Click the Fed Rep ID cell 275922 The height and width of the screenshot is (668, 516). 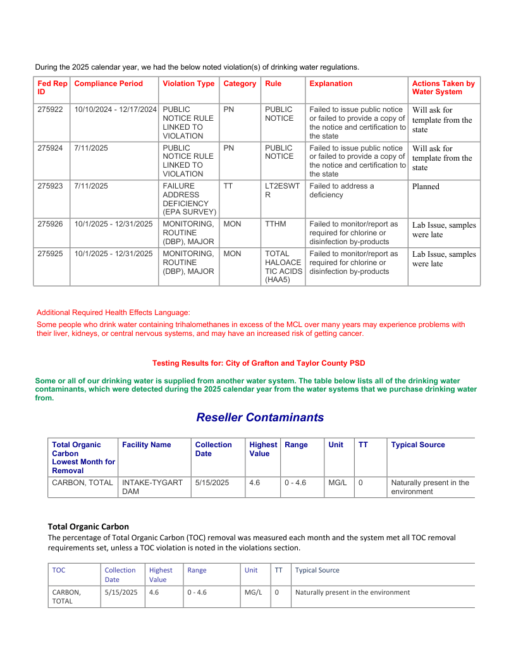50,109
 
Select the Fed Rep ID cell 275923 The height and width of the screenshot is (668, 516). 50,186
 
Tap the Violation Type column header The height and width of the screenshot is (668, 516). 188,83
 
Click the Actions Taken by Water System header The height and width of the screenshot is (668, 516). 443,88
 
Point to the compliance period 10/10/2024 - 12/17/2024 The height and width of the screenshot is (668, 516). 115,109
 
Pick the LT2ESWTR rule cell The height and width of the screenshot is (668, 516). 281,190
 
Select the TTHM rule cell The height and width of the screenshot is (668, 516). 275,224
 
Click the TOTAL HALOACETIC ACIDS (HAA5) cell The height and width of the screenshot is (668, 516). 283,266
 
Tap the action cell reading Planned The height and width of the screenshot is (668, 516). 426,187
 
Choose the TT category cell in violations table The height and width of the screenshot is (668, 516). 228,186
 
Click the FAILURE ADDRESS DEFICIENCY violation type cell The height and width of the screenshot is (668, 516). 189,199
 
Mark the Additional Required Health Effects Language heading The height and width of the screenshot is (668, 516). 113,312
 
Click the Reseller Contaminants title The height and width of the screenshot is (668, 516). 260,417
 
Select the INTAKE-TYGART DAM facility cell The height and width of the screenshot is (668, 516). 152,487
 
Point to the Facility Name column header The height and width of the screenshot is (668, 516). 146,445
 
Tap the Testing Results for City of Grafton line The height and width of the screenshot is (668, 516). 258,363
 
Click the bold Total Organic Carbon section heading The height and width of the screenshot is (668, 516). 89,526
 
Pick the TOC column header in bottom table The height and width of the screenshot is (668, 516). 59,570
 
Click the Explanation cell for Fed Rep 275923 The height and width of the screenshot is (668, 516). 341,190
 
